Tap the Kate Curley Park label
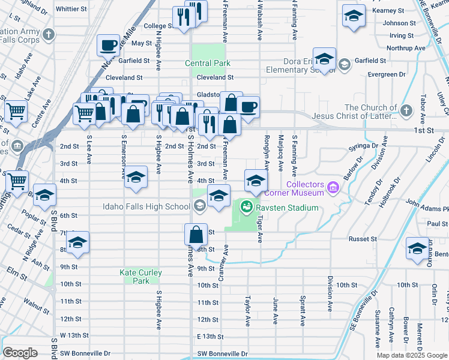coord(140,277)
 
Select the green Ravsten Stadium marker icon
coord(246,208)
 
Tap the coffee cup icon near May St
coord(108,45)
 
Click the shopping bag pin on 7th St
coord(196,233)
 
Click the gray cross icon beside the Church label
coord(406,110)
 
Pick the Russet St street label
coord(362,239)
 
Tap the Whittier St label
coord(71,9)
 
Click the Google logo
coord(20,353)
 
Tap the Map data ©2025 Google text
coord(411,355)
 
